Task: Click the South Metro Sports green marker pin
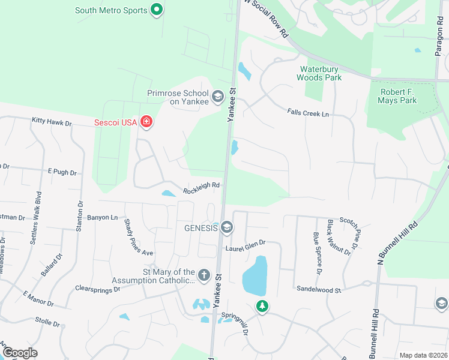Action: (x=157, y=10)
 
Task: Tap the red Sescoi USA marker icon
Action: (x=145, y=122)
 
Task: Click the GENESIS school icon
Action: (x=227, y=227)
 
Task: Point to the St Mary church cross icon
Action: (x=204, y=275)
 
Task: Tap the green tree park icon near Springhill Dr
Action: (x=262, y=306)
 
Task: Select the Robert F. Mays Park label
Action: (x=398, y=97)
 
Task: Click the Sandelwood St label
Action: (x=319, y=289)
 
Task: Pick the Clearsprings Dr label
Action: (x=98, y=289)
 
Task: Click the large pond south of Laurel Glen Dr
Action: (x=255, y=276)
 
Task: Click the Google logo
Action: (x=19, y=353)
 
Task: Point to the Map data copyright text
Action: (x=423, y=355)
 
